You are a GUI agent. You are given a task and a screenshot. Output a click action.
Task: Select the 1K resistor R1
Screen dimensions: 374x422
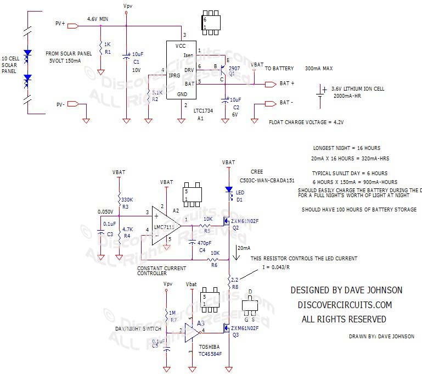[x=100, y=48]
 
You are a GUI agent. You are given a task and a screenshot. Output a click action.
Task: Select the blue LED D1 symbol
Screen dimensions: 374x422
[x=229, y=190]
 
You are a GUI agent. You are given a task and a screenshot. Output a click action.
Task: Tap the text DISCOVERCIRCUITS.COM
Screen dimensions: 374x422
[x=344, y=304]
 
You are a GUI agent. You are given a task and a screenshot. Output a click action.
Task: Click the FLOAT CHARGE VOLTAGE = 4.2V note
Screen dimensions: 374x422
[x=306, y=122]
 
